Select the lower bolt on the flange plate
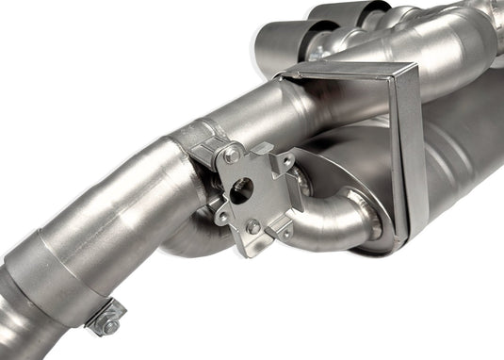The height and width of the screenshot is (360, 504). point(252,226)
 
